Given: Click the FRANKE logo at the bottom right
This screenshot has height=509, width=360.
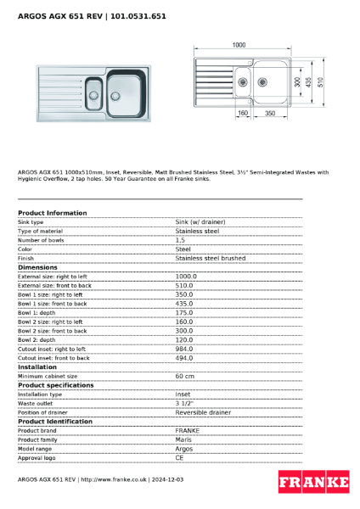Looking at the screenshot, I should (313, 483).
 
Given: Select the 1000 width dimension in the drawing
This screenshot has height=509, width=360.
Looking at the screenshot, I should (239, 44).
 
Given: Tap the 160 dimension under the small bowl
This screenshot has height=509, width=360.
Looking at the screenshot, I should (242, 113).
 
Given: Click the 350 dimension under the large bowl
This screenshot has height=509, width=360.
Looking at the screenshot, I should (269, 113).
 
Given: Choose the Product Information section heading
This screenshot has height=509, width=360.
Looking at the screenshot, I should (52, 213).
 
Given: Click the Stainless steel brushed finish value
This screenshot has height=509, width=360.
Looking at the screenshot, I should (210, 258).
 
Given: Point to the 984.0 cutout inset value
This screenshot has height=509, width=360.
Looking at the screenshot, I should (185, 349).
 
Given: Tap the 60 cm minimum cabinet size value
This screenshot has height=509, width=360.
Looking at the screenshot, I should (184, 376).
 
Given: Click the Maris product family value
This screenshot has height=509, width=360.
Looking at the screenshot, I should (183, 439).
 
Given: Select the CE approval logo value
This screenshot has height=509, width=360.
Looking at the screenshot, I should (180, 457).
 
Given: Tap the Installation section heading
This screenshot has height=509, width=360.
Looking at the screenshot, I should (38, 366).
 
